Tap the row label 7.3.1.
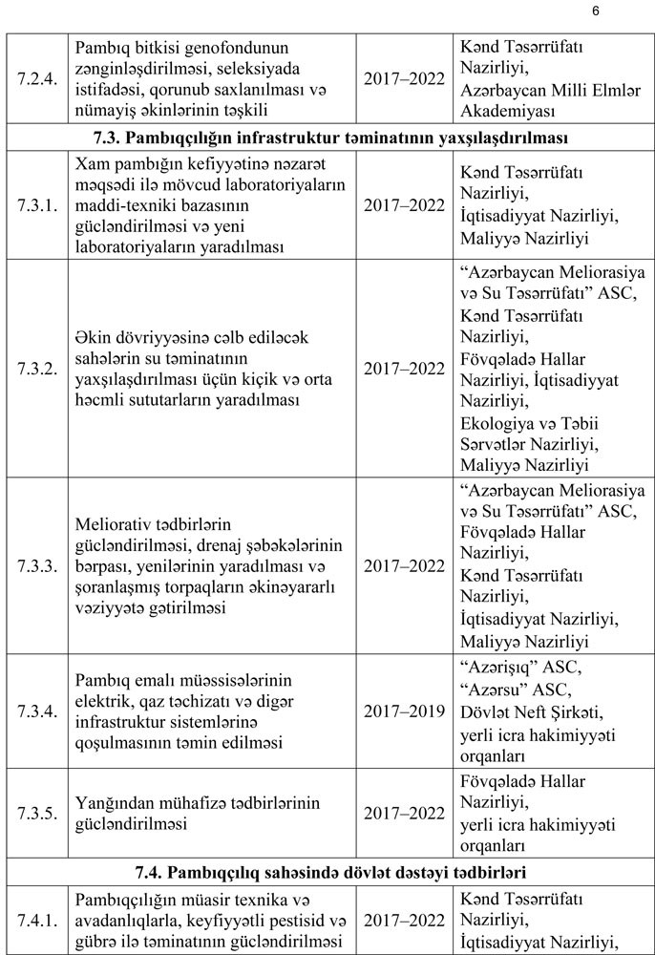click(37, 204)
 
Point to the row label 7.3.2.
click(37, 368)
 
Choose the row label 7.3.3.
click(37, 565)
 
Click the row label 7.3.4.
click(37, 711)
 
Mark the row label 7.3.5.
click(37, 813)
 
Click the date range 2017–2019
click(404, 711)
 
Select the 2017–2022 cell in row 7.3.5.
click(404, 813)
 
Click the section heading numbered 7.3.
click(327, 138)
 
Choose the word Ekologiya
click(497, 421)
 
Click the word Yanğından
click(113, 800)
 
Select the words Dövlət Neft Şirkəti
click(531, 712)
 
